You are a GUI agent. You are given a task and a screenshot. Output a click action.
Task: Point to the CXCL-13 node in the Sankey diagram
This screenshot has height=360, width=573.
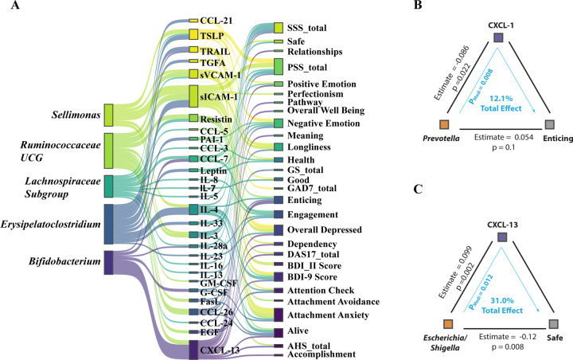[x=193, y=348]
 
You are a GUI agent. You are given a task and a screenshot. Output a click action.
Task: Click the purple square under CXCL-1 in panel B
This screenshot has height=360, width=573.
[x=497, y=37]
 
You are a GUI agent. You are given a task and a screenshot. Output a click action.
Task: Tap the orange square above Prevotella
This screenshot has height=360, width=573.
[x=445, y=125]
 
